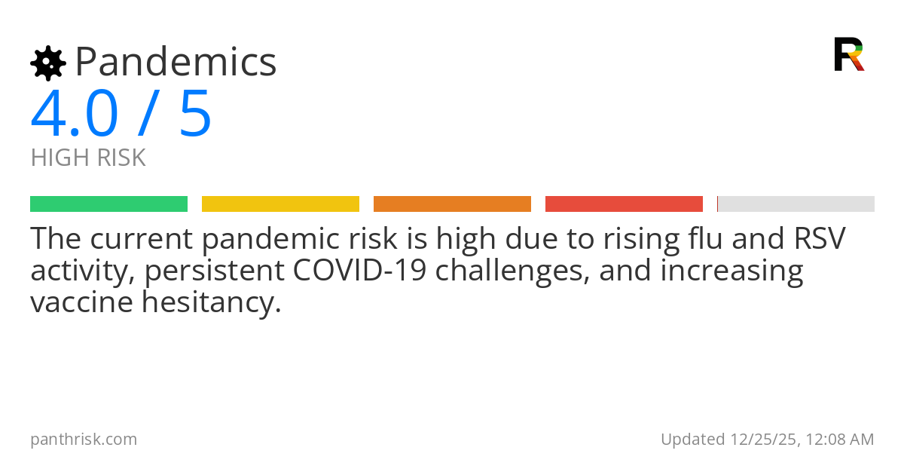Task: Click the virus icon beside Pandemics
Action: (47, 63)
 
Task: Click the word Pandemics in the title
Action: (176, 63)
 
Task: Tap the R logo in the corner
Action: (848, 54)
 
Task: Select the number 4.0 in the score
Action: (74, 115)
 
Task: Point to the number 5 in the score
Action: (195, 115)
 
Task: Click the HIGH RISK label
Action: (88, 158)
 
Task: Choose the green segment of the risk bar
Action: (108, 204)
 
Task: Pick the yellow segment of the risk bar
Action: (280, 204)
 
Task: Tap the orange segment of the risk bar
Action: (452, 204)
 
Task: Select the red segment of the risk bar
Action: (624, 204)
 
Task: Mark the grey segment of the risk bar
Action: (796, 204)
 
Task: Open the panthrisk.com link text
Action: (84, 440)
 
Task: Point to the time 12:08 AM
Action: (839, 440)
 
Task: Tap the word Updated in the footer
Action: (692, 440)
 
